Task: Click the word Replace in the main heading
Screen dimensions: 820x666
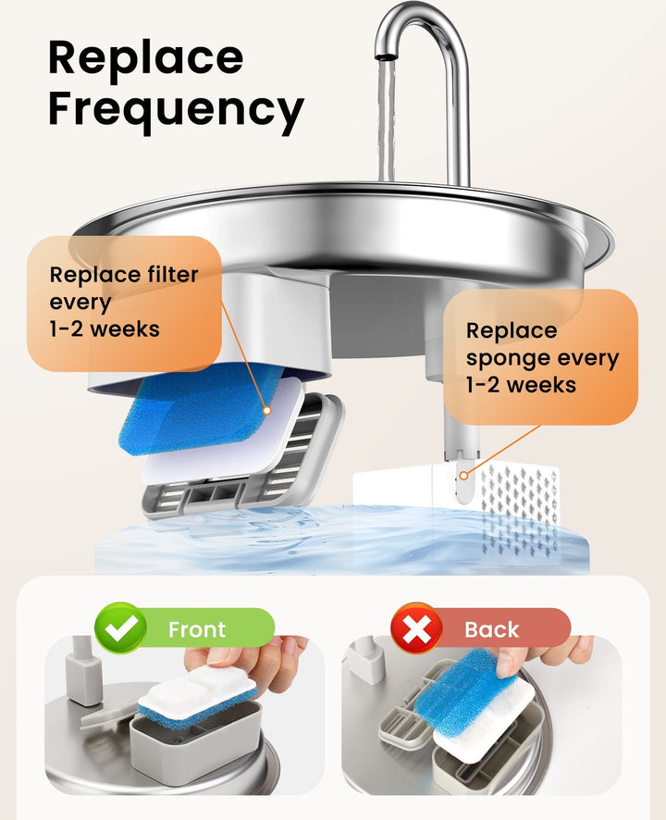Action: [x=145, y=58]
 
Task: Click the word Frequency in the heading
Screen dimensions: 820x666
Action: [x=176, y=110]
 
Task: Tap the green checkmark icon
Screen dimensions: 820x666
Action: [x=121, y=628]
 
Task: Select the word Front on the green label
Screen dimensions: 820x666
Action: [x=196, y=630]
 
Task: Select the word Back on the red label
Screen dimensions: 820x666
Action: [x=491, y=630]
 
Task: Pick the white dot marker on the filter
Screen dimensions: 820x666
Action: [x=266, y=410]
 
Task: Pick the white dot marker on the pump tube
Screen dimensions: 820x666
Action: [x=463, y=476]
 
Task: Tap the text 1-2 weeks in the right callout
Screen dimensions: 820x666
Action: [x=521, y=385]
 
